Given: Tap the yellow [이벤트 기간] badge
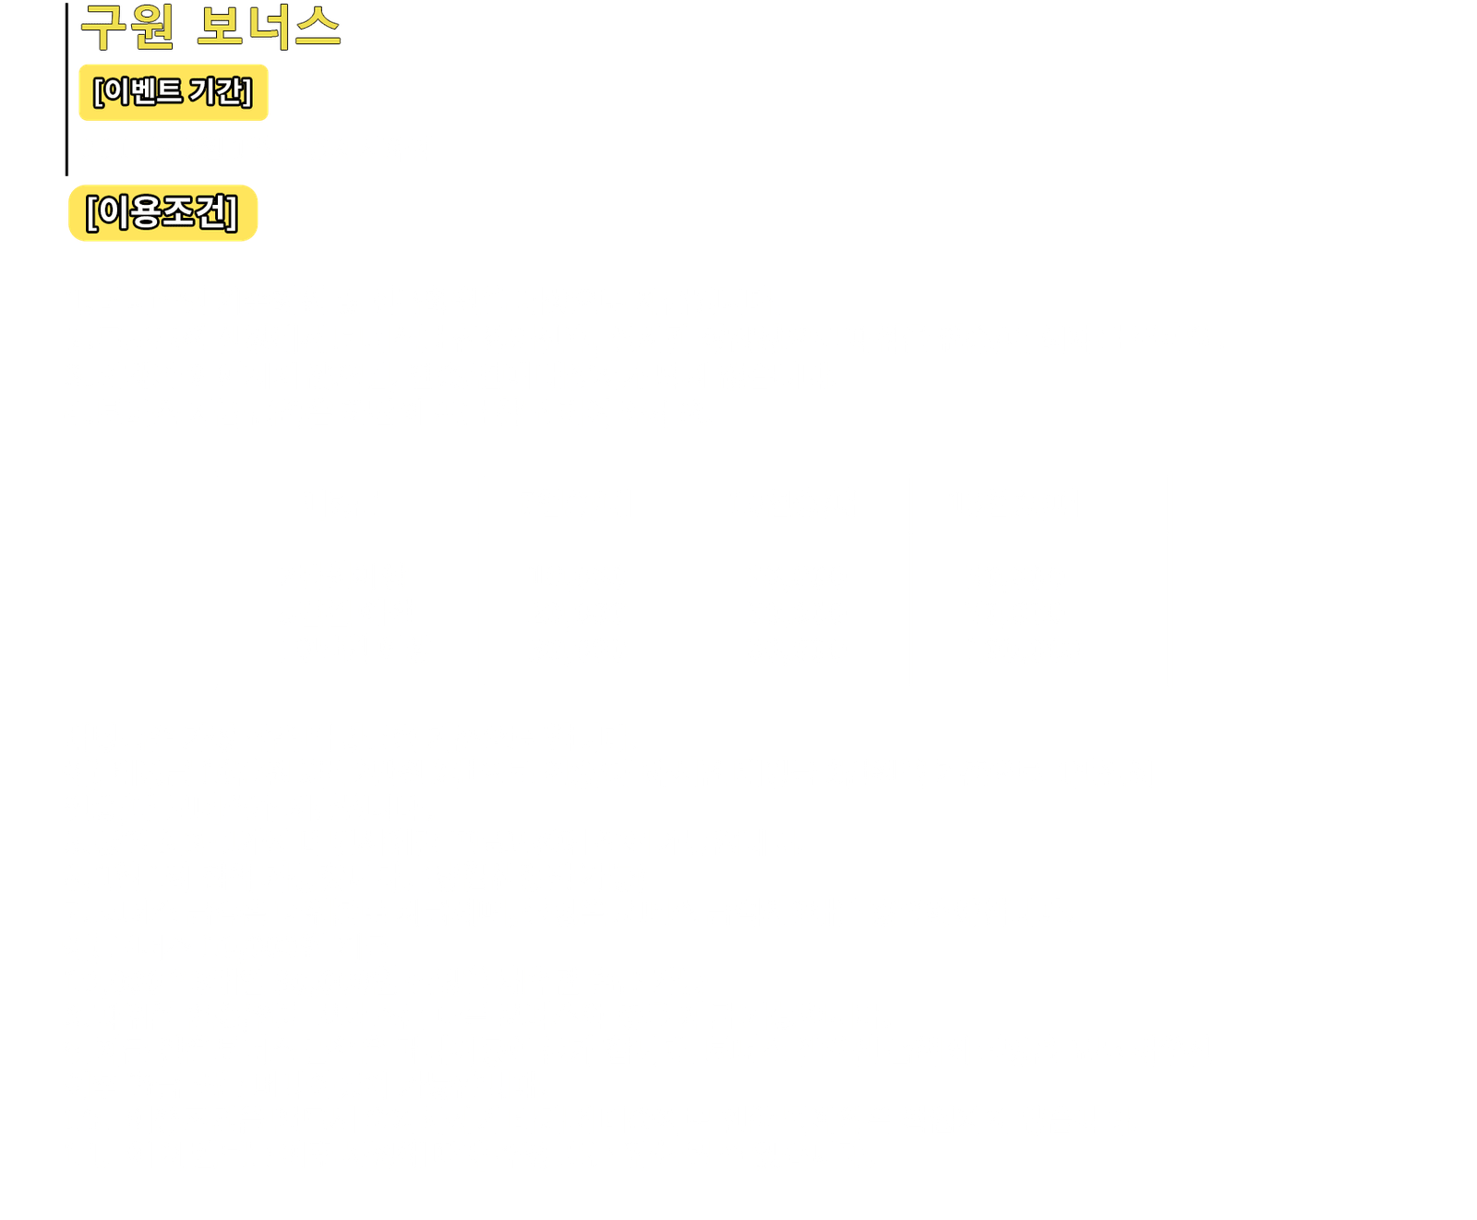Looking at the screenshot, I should pyautogui.click(x=173, y=92).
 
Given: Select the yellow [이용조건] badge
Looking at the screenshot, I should pyautogui.click(x=162, y=213).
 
